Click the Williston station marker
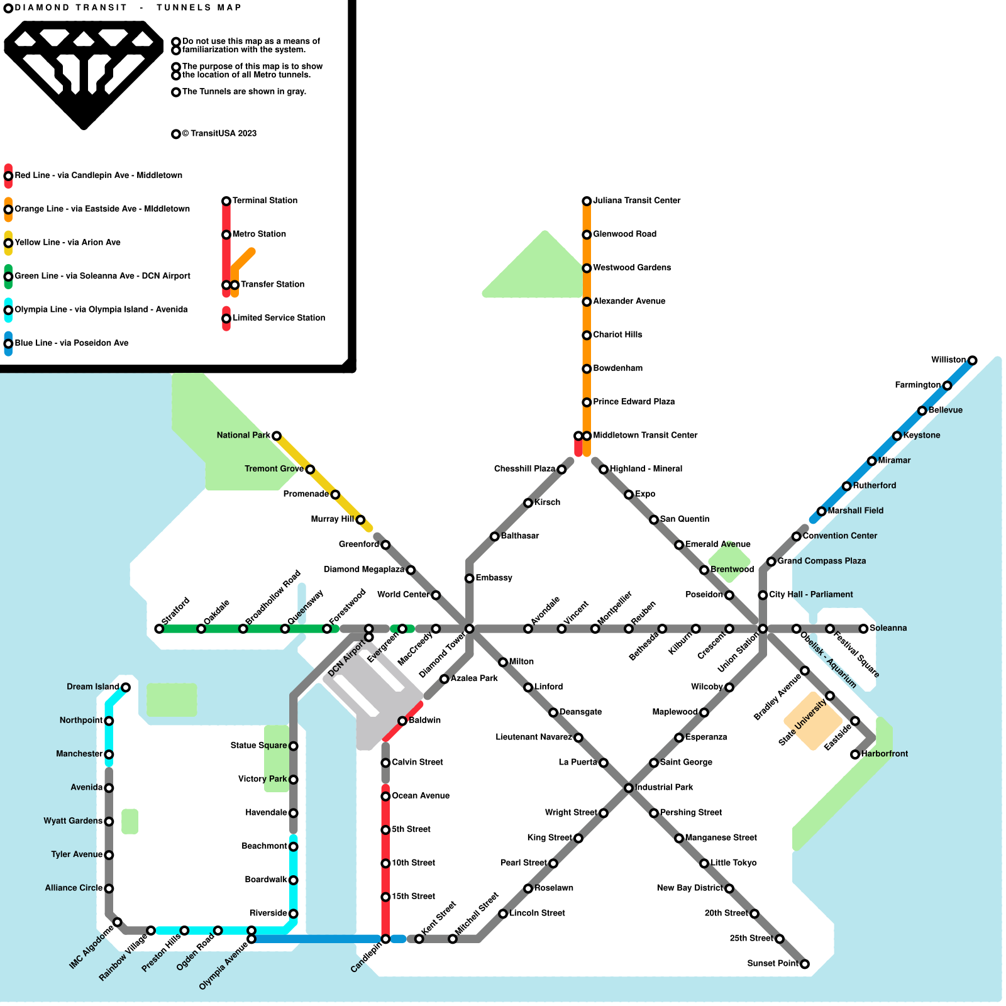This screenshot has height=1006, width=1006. point(972,360)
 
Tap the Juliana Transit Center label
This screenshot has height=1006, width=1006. point(636,201)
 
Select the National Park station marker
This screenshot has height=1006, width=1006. point(276,436)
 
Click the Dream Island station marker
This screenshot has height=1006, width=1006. point(126,687)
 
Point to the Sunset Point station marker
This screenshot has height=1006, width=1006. point(804,964)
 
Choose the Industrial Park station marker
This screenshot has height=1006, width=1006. point(628,788)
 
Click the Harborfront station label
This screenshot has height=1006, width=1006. point(884,754)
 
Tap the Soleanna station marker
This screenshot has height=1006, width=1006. point(863,629)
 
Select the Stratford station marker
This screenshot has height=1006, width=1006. point(159,629)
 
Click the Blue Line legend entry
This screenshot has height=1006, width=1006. point(71,343)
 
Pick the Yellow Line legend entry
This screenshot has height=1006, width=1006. point(67,243)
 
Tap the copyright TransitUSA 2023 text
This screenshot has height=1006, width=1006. point(219,133)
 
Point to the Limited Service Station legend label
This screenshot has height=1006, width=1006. point(279,318)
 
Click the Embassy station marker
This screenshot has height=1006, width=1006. point(469,578)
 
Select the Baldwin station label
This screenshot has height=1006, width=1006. point(424,721)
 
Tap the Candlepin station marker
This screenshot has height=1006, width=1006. point(385,939)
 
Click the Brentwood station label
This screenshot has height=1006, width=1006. point(732,570)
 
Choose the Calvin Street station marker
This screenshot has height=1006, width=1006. point(385,763)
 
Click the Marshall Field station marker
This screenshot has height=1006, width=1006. point(821,511)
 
